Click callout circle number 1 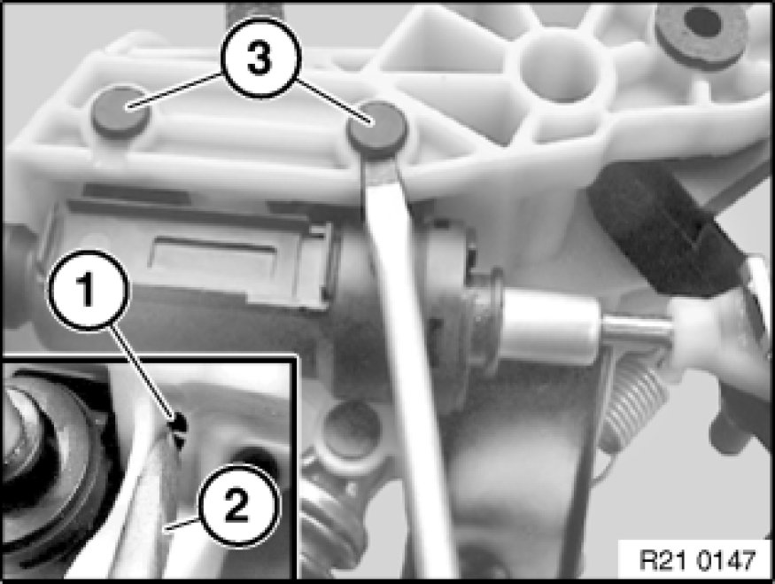pyautogui.click(x=88, y=290)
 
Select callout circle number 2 pyautogui.click(x=239, y=505)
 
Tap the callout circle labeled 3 pyautogui.click(x=260, y=58)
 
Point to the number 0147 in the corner pyautogui.click(x=725, y=560)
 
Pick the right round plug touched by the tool pyautogui.click(x=377, y=128)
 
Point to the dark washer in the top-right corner pyautogui.click(x=701, y=28)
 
